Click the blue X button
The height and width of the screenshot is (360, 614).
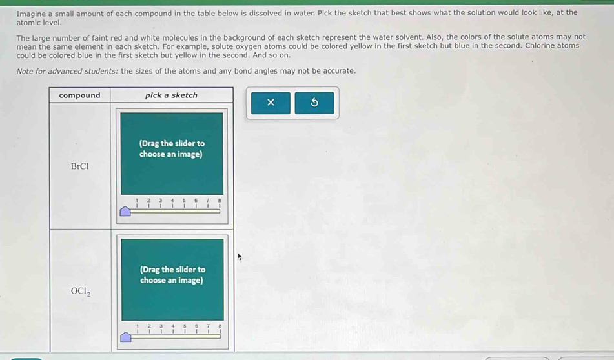(x=271, y=103)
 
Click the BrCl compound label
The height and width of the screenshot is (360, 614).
(x=80, y=166)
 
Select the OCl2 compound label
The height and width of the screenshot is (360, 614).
(x=81, y=292)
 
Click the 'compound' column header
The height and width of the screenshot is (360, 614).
(x=79, y=95)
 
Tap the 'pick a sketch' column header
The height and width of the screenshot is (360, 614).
(x=172, y=95)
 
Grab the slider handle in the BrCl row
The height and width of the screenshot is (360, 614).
(x=125, y=212)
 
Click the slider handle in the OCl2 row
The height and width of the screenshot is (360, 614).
(x=126, y=337)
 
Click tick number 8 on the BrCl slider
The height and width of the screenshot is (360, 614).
(x=220, y=203)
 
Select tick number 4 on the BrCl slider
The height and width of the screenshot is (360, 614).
(x=172, y=203)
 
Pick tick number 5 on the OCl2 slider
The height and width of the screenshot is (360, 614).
(x=185, y=328)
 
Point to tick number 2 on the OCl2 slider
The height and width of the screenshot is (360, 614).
(x=149, y=328)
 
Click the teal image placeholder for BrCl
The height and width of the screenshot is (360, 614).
(x=172, y=154)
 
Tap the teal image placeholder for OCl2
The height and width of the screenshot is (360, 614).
(x=172, y=279)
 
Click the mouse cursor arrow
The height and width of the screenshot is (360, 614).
(x=240, y=257)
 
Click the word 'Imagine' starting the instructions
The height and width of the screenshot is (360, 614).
(x=32, y=14)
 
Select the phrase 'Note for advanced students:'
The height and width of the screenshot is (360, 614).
(x=67, y=71)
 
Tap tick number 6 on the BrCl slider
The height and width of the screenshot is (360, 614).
(x=196, y=203)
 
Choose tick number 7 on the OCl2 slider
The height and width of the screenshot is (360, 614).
(x=209, y=328)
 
